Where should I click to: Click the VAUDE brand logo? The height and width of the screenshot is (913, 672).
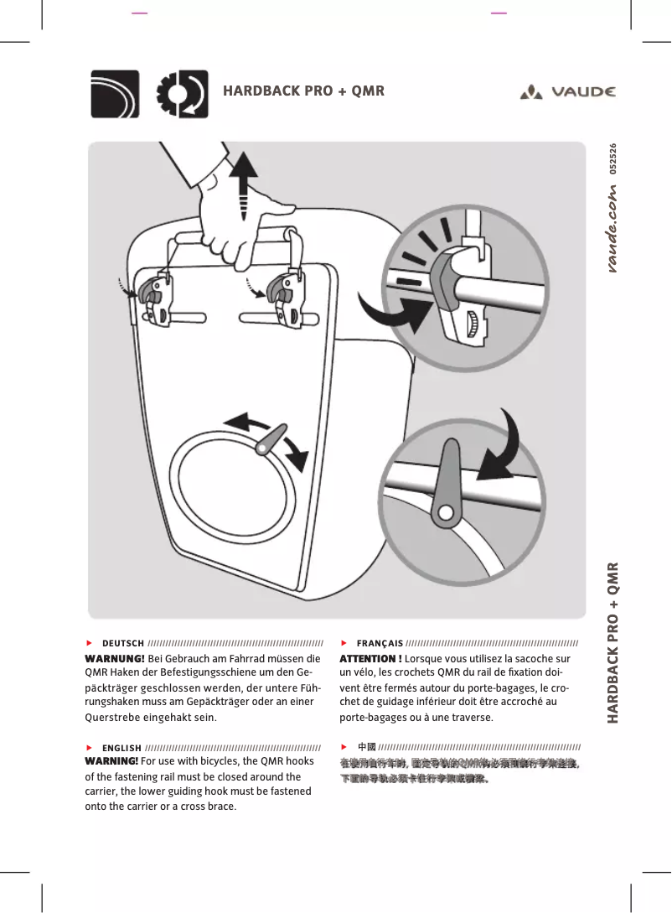(567, 91)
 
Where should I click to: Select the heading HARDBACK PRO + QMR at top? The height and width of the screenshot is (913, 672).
(303, 91)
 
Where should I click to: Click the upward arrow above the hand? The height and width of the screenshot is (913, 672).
(243, 180)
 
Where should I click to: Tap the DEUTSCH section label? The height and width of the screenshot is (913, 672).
(122, 643)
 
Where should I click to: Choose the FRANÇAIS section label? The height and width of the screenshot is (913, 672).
(380, 643)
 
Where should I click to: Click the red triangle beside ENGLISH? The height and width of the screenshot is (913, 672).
(89, 746)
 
